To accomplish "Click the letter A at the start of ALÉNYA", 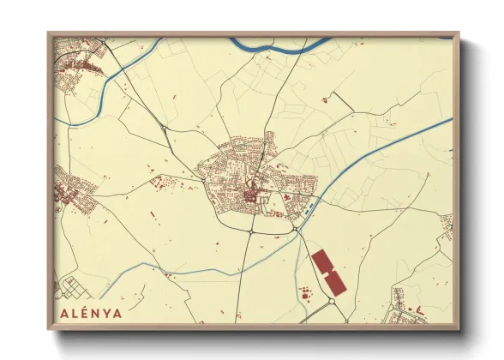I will click(x=65, y=313).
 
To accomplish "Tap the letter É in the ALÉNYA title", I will click(x=87, y=313).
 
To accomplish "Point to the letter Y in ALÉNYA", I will click(x=107, y=313).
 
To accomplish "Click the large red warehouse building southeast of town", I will click(x=327, y=270).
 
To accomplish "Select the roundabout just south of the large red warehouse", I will click(x=332, y=302).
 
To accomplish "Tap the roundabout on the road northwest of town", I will click(x=163, y=129).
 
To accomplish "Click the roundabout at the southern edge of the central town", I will click(x=250, y=231).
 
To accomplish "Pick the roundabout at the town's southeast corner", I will click(x=294, y=228).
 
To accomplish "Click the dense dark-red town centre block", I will click(x=250, y=198).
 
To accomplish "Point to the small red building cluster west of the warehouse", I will click(x=304, y=294).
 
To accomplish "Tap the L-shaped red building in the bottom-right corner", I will click(x=420, y=308).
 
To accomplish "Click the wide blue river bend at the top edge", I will click(x=283, y=41).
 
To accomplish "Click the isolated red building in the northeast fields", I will click(x=325, y=100).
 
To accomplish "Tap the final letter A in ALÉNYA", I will click(x=117, y=313).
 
